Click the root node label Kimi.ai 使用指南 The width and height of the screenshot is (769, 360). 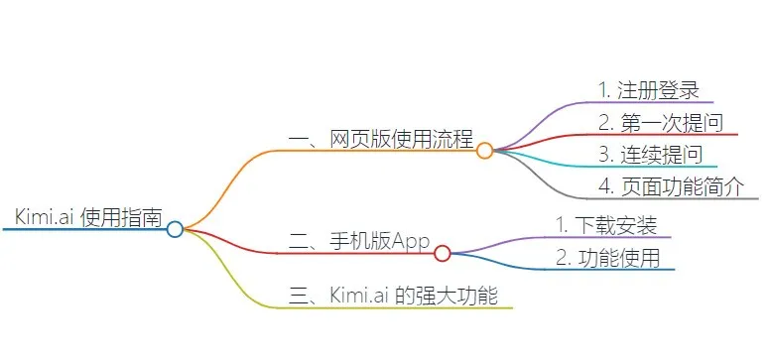(88, 217)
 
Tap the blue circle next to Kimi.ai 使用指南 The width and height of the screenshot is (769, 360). (175, 229)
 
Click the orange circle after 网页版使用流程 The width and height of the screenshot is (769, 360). (484, 151)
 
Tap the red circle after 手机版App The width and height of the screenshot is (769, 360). (443, 253)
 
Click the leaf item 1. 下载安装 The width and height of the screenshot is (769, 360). (606, 225)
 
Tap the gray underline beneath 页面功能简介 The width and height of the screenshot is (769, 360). (675, 199)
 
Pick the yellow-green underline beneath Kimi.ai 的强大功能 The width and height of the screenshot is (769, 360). (397, 307)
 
